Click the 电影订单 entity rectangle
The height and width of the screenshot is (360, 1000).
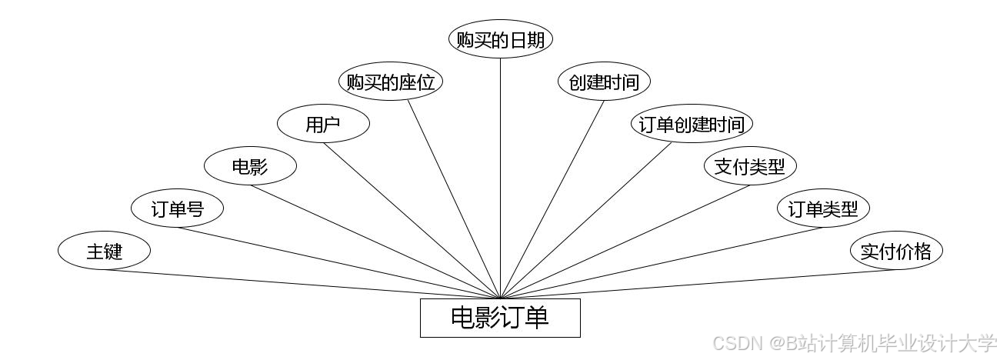[500, 318]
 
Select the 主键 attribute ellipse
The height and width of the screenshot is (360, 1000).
[104, 251]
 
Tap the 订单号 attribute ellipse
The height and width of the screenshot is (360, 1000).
[177, 208]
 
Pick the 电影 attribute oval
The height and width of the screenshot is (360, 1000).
[250, 166]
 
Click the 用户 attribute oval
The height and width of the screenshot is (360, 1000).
[323, 124]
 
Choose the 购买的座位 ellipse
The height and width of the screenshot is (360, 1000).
[391, 82]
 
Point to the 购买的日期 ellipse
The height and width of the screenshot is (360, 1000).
[501, 40]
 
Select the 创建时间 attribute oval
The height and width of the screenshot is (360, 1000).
[604, 82]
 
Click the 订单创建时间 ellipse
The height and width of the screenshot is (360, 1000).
[692, 124]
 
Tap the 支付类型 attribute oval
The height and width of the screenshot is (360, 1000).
[750, 166]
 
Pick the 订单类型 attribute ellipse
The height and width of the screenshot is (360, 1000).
[823, 208]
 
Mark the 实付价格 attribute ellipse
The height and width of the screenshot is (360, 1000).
[896, 251]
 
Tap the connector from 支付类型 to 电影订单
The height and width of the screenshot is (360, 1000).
[620, 242]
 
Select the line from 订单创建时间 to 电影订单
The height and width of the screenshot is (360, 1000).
[587, 220]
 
